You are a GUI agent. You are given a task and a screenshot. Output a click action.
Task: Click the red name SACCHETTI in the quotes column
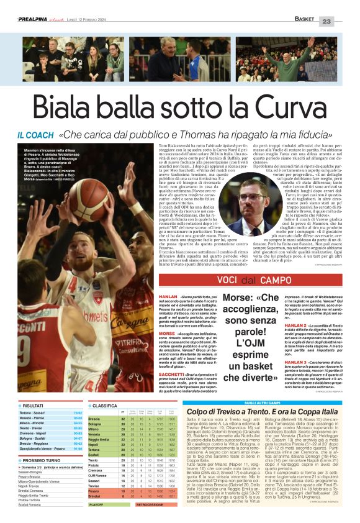156,375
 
